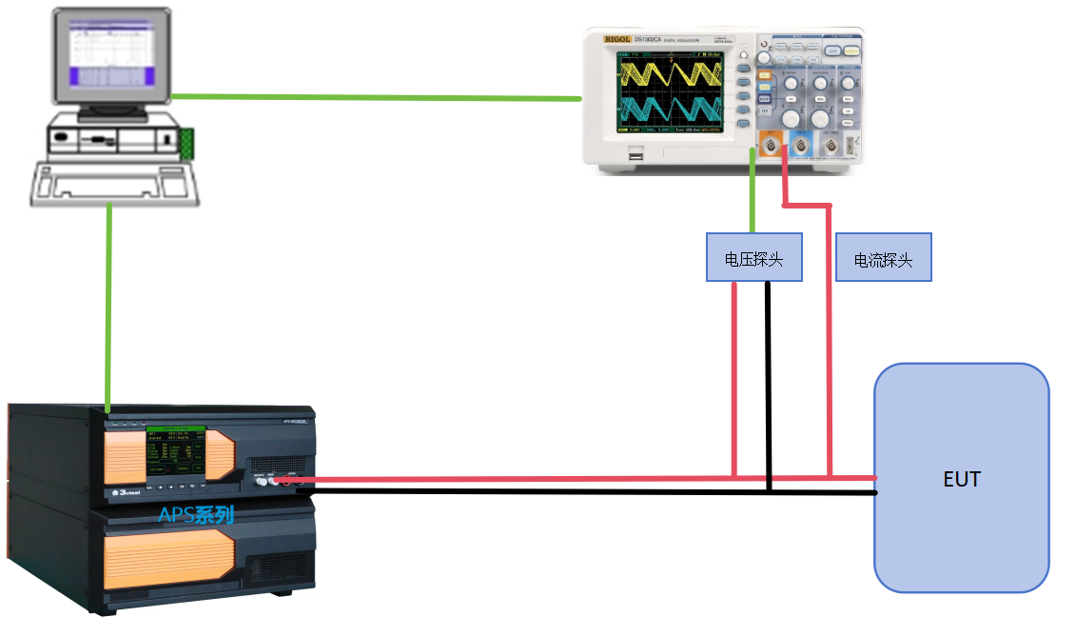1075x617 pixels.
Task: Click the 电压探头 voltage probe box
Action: [x=753, y=257]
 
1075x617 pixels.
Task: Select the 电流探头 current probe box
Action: [x=883, y=258]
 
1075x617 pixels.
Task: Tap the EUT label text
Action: [x=961, y=479]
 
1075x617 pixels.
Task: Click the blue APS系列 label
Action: [x=195, y=516]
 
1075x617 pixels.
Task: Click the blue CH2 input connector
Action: [x=801, y=145]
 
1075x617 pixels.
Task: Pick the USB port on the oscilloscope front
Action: [x=635, y=155]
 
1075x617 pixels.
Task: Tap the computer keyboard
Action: [x=115, y=183]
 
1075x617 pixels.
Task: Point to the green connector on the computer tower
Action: [x=186, y=143]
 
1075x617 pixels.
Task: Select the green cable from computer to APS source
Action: [x=109, y=305]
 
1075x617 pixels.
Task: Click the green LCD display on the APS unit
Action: [x=174, y=451]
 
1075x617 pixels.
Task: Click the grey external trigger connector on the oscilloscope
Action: [x=831, y=146]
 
